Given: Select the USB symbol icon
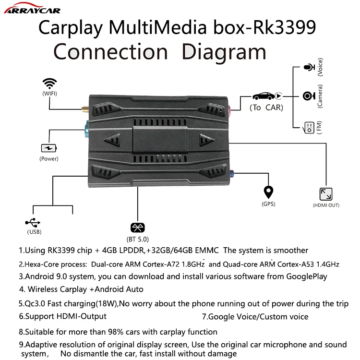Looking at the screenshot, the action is pyautogui.click(x=34, y=223).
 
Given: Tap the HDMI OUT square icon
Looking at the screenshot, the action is pyautogui.click(x=325, y=194).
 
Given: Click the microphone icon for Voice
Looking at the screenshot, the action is pyautogui.click(x=307, y=69).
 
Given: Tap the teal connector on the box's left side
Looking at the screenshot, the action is pyautogui.click(x=86, y=129).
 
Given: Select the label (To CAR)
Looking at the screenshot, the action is pyautogui.click(x=266, y=108).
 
